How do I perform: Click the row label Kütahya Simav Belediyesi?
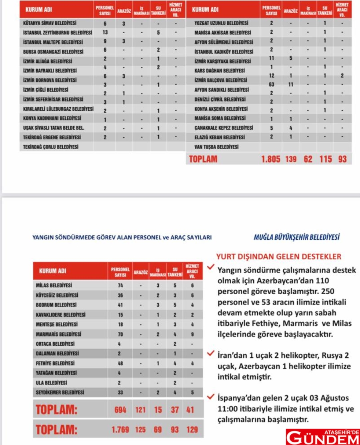50,24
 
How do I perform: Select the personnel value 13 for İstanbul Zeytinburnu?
105,32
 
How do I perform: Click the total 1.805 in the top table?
271,159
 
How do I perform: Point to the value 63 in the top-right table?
271,84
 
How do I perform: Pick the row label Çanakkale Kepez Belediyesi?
224,128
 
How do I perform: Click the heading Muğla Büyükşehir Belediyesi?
296,237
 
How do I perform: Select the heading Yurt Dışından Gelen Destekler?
279,256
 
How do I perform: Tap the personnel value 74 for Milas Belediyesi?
120,285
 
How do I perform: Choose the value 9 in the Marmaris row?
192,334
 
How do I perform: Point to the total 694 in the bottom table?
120,409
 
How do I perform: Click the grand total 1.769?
120,430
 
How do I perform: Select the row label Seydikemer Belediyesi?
60,393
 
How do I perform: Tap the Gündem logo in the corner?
323,437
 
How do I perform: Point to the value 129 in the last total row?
192,430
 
